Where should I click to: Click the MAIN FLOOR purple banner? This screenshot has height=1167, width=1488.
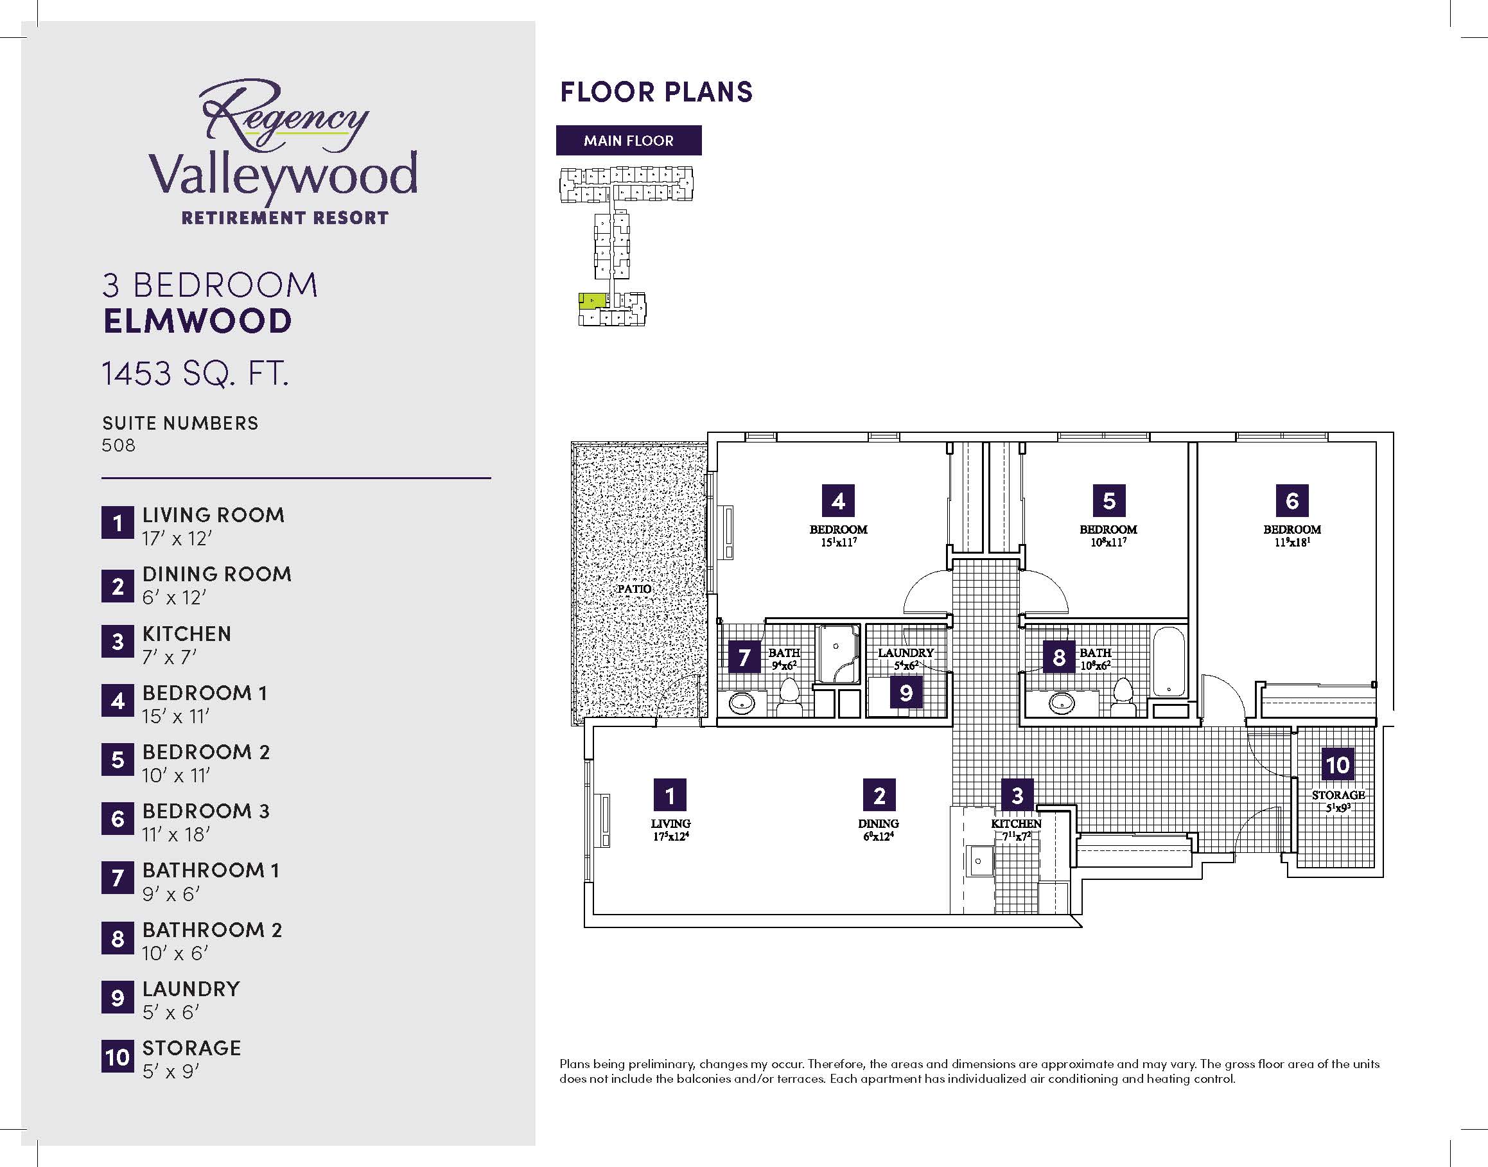629,140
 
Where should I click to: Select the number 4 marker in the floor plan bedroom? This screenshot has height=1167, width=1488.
838,501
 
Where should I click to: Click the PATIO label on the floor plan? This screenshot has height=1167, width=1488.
634,588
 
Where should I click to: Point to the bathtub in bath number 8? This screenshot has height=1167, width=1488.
1169,662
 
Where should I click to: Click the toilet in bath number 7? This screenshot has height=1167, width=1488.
791,696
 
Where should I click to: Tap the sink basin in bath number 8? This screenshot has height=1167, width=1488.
1062,702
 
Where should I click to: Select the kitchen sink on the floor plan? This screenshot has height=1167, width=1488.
979,861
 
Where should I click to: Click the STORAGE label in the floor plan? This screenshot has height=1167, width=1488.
1338,794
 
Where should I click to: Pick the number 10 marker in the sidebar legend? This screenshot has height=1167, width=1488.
118,1057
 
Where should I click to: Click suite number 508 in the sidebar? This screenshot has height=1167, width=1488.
119,446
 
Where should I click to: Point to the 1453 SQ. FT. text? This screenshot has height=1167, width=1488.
195,374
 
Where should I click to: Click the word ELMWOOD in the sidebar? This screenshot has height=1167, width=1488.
197,321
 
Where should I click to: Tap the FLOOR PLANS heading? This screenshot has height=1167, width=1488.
656,92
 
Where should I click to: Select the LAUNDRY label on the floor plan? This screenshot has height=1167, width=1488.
906,653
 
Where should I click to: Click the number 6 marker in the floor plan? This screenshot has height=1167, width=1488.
1292,501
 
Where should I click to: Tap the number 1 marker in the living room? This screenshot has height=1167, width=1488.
670,795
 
